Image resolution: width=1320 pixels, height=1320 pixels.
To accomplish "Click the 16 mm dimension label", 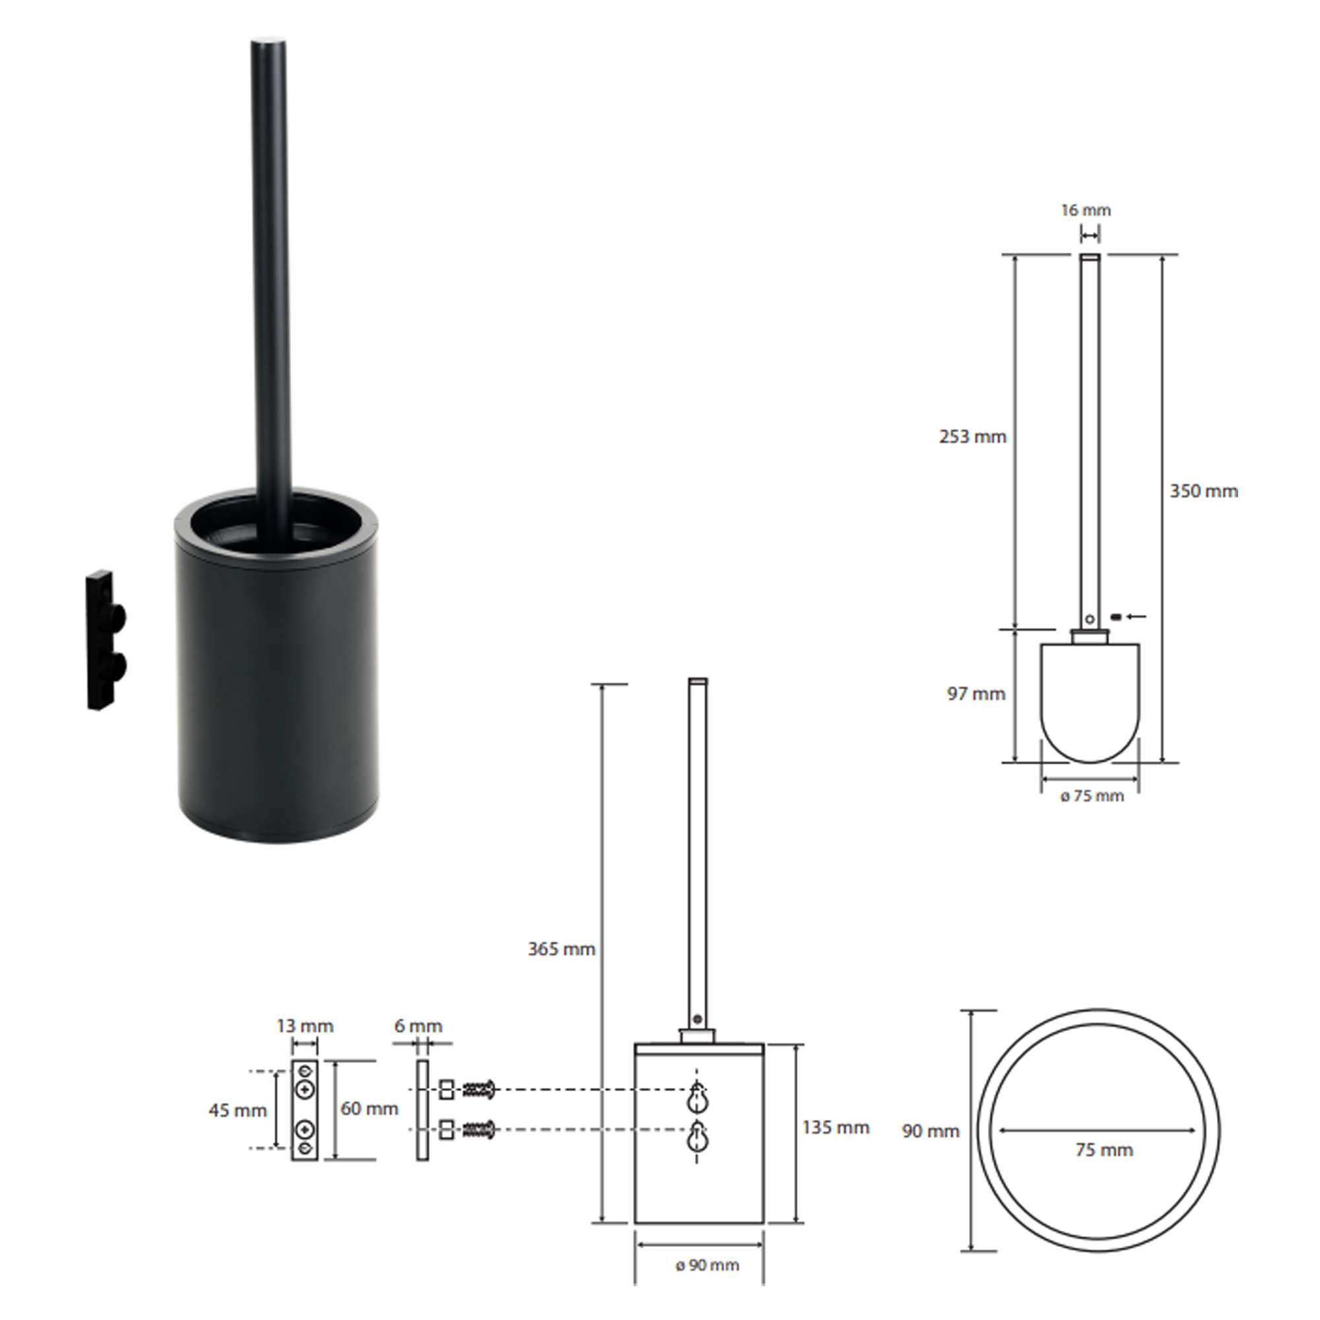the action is [1086, 211].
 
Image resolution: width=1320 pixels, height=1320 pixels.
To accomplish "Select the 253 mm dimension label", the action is [972, 436].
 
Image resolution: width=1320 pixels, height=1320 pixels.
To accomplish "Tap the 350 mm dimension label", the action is [1204, 491].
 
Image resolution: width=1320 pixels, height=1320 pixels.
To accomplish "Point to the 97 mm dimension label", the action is [975, 694].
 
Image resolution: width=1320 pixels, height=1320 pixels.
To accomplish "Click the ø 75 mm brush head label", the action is [1092, 797].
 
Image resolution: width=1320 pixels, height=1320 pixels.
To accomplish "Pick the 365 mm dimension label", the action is [562, 949].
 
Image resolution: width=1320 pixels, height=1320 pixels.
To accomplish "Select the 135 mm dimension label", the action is [836, 1127].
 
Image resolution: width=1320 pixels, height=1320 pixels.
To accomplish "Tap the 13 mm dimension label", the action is [305, 1026].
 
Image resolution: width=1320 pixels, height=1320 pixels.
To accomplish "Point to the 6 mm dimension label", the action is [418, 1026].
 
